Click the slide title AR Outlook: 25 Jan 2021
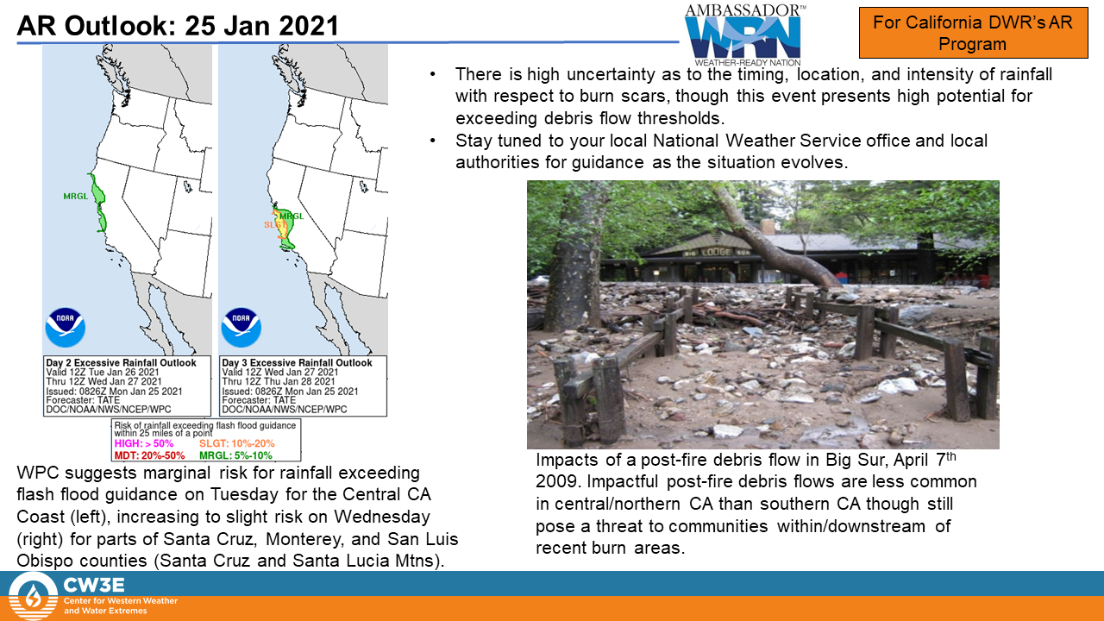click(178, 26)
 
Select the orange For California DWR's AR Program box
click(973, 33)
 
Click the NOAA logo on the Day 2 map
click(65, 327)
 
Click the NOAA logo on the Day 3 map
click(241, 327)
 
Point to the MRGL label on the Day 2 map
click(75, 196)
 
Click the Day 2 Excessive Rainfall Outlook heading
click(122, 363)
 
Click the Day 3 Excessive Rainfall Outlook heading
click(298, 363)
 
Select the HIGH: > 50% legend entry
click(144, 443)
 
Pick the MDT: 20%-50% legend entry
click(150, 455)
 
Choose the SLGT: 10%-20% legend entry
click(237, 443)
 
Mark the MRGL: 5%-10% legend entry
click(235, 455)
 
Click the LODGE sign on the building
click(716, 252)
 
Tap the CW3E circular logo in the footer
click(33, 596)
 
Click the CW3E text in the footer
click(94, 585)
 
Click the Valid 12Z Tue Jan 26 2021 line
click(103, 372)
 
